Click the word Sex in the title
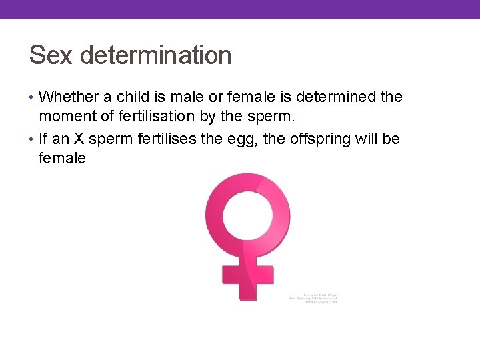[51, 55]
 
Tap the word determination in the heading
[155, 55]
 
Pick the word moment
[69, 117]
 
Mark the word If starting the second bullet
[43, 139]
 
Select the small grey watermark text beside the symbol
[313, 297]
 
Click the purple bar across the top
[240, 9]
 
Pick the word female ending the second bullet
[63, 159]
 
